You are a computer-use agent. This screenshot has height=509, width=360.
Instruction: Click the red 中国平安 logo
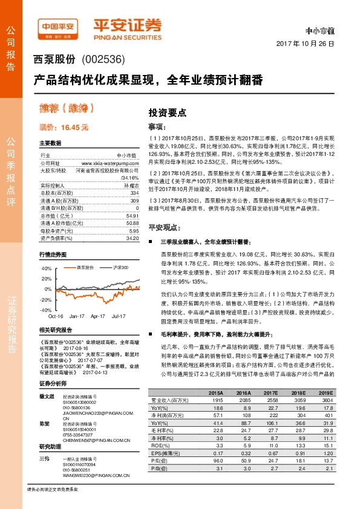click(x=57, y=27)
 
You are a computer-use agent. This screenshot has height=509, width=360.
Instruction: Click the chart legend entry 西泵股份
click(x=82, y=267)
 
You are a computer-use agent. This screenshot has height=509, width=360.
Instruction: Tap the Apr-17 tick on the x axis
click(x=97, y=316)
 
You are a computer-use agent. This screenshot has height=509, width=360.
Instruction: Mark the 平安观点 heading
click(x=165, y=227)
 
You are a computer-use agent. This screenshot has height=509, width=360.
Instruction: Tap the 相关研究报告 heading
click(x=56, y=330)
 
